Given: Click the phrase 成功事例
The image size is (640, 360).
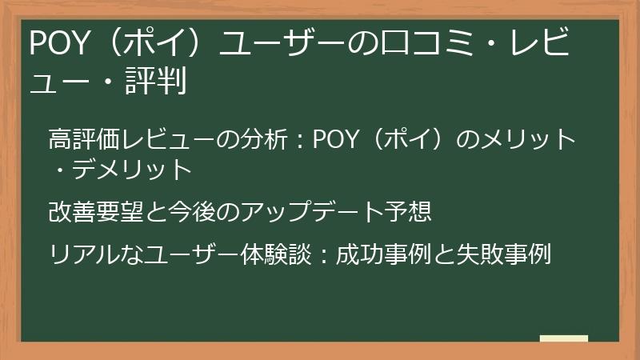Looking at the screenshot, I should click(x=379, y=255).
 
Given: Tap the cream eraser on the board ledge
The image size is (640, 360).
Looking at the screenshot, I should click(x=563, y=338).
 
